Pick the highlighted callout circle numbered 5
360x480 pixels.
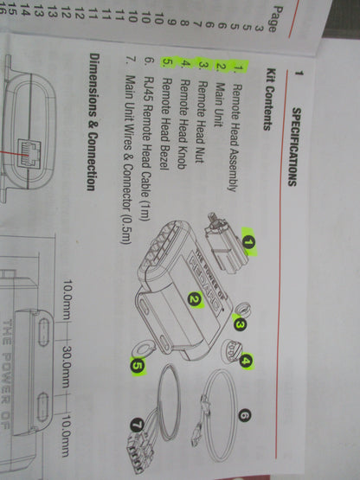pyautogui.click(x=138, y=366)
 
